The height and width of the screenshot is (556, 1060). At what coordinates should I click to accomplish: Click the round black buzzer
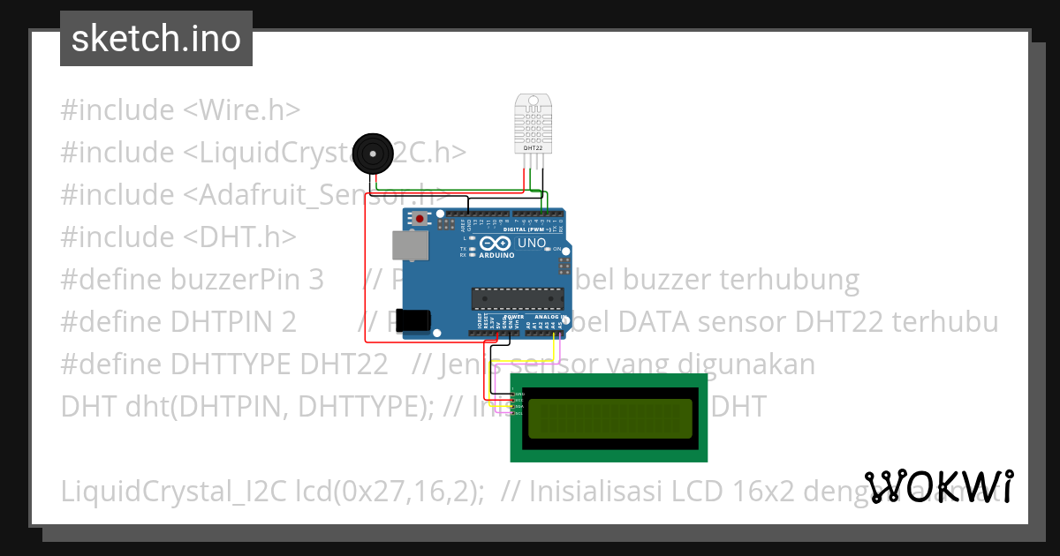pos(372,155)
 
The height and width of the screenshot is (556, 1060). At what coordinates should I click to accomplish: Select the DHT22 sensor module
pos(533,124)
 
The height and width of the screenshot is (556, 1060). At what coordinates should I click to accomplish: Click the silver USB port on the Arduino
pos(409,250)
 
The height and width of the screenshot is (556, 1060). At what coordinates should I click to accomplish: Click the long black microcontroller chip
pos(517,300)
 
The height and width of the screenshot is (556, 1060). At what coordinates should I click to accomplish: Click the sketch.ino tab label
pos(156,39)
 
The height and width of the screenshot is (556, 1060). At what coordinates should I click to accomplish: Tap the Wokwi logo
pos(939,486)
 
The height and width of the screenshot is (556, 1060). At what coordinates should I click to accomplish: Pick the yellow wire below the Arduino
pos(555,349)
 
